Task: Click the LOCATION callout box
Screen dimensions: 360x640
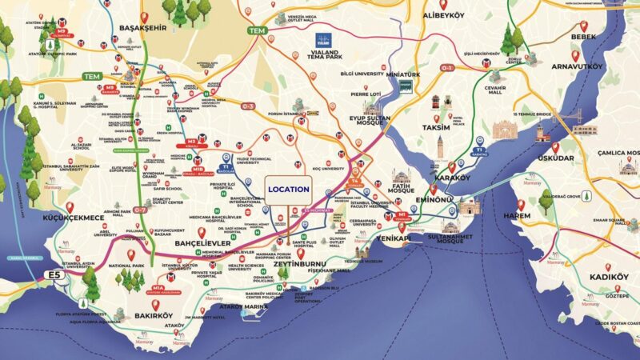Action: pos(287,188)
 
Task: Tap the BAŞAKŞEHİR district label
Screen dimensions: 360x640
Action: pos(142,34)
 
